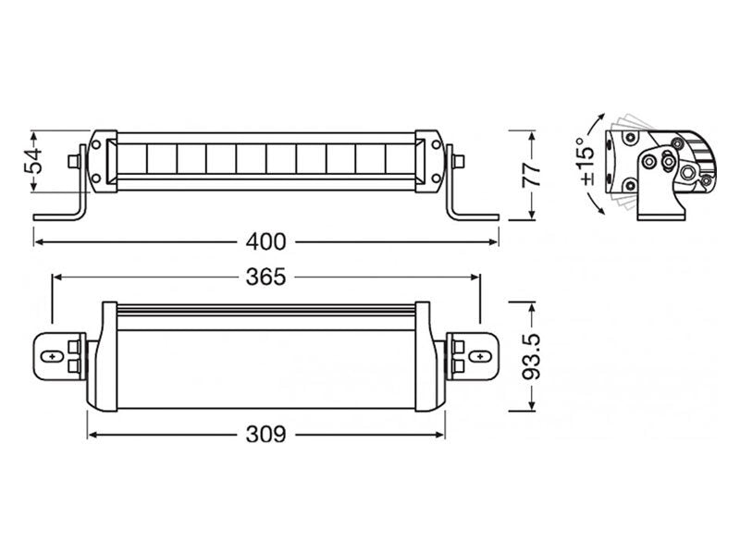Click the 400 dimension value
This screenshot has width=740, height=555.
265,241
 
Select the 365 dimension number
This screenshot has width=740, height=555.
265,276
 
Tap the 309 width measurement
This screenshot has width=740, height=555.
265,433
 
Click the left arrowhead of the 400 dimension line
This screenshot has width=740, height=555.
39,241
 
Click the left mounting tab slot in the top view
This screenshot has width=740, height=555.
53,356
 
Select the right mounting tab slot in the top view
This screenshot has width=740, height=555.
478,356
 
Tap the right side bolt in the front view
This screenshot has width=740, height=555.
460,160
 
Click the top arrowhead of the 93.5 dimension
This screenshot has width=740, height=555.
532,306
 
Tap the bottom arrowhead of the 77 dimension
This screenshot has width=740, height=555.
532,215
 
